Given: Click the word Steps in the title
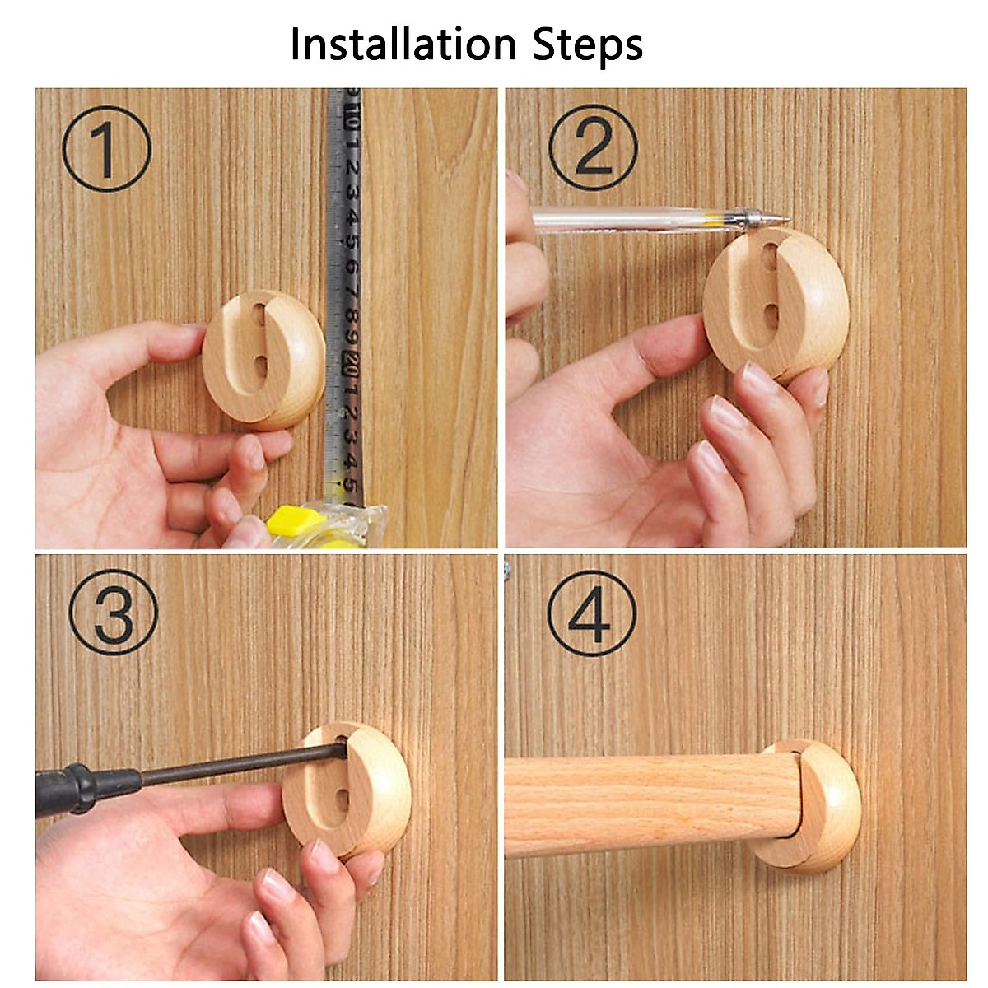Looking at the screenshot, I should pos(588,45).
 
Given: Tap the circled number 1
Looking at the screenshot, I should pos(107,149).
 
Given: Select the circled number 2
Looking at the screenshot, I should pos(593,148).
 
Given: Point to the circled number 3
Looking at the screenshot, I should pos(114,613).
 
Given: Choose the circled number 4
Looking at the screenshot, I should pos(591,613).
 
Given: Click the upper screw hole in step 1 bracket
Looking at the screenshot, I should pos(260,315).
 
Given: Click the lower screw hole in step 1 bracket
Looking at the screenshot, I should pos(260,366).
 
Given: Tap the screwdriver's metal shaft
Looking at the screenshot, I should pos(239,762).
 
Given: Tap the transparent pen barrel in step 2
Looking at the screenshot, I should pos(626,220).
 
